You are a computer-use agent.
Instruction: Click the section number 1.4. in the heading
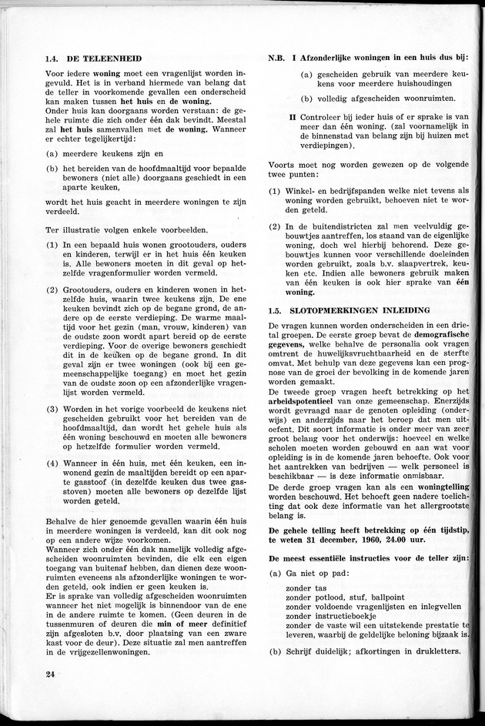pos(53,59)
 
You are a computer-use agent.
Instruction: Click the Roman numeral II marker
pos(293,116)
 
